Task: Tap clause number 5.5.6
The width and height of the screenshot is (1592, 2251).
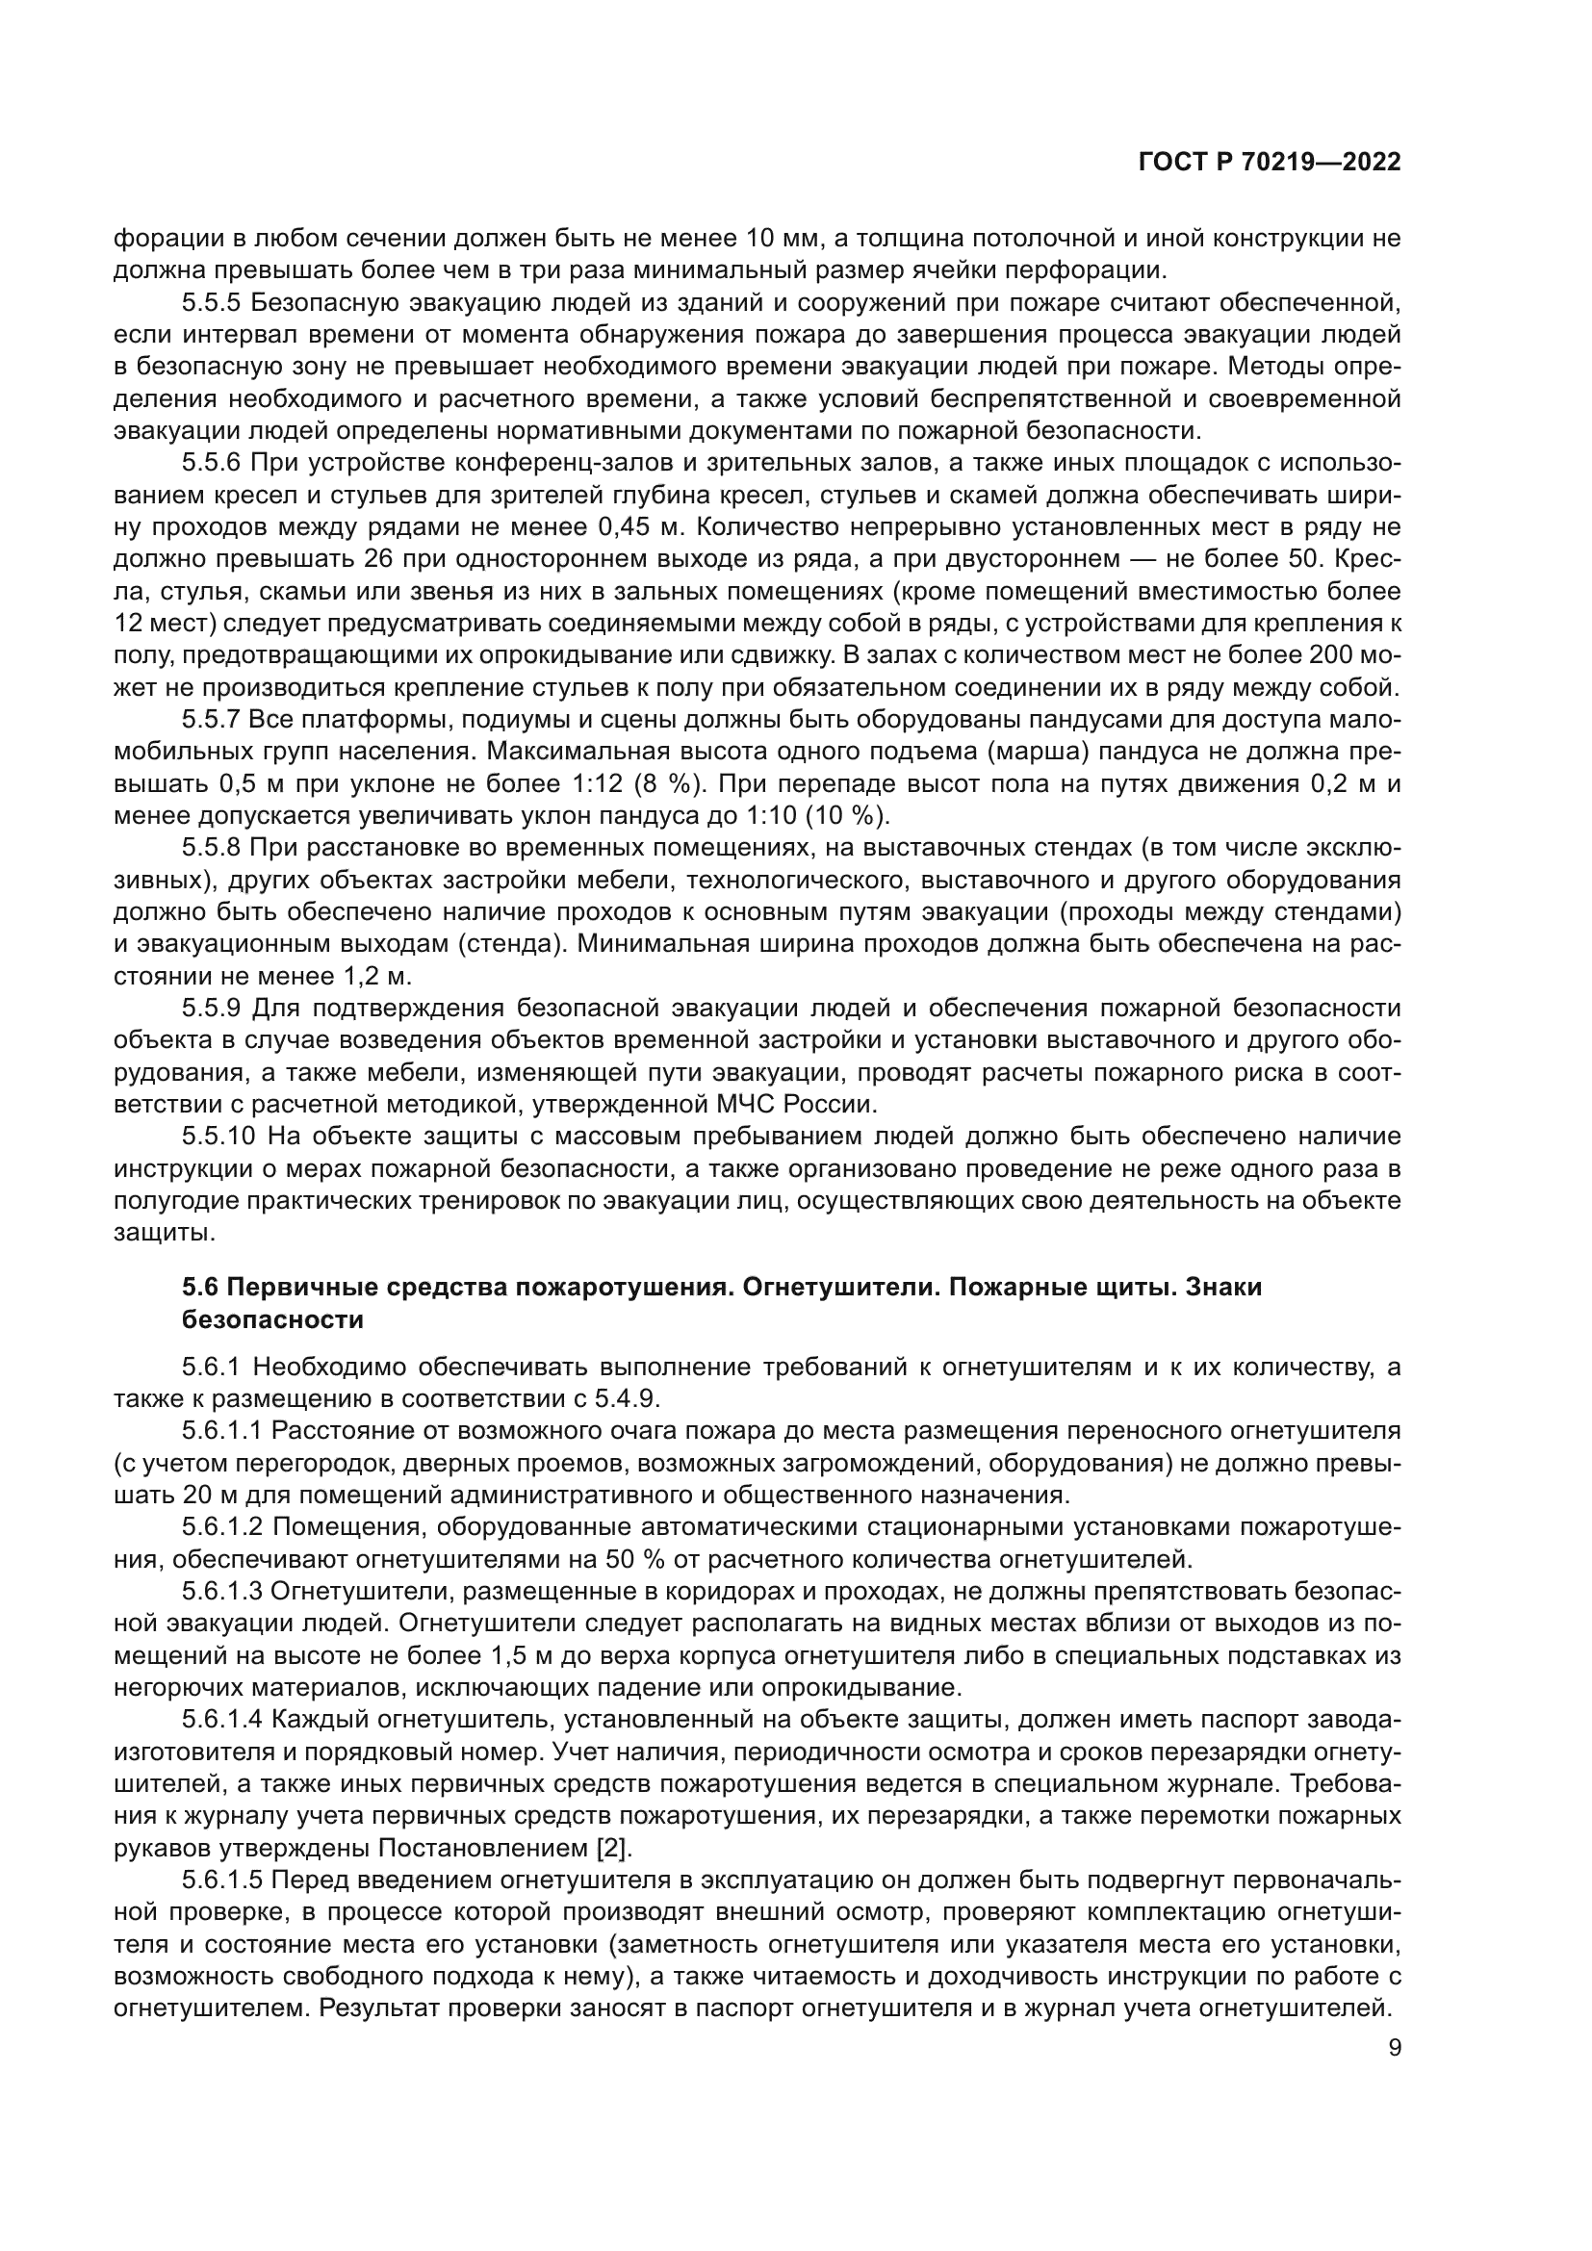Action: [212, 464]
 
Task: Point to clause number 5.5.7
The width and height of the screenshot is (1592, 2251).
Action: [212, 721]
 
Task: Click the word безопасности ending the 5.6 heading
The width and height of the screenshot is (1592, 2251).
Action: [272, 1319]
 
